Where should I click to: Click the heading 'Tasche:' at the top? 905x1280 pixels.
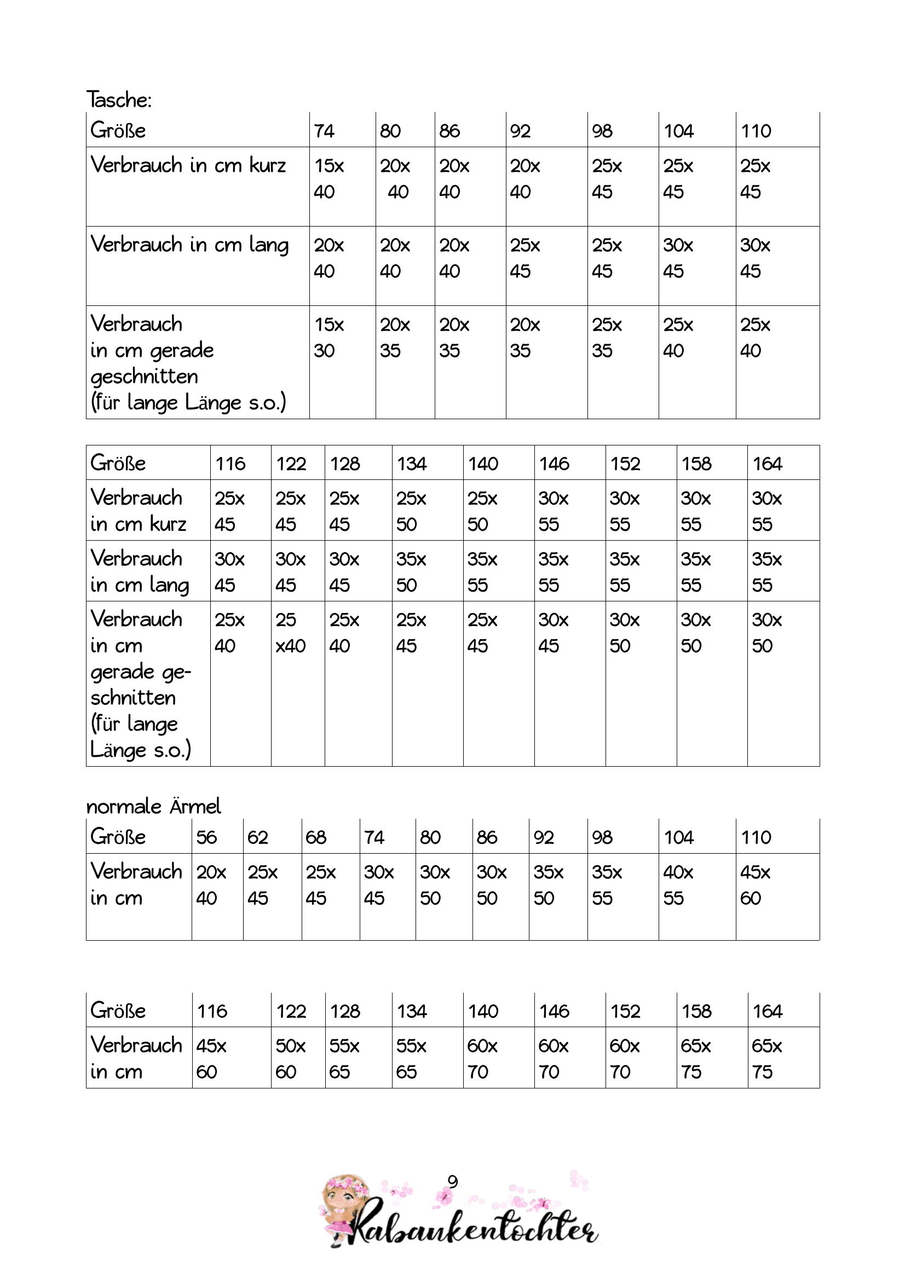[x=119, y=100]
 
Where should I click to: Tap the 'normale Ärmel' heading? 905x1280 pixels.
[x=153, y=806]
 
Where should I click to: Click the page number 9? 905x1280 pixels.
[x=452, y=1181]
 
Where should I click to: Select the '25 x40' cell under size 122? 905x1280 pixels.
[x=291, y=633]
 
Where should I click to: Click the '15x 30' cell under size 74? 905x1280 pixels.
[x=329, y=337]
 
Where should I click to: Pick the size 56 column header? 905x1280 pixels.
[x=206, y=837]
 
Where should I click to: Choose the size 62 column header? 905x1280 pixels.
[x=258, y=837]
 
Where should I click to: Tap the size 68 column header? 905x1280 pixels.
[x=315, y=837]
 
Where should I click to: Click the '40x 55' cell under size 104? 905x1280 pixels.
[x=678, y=885]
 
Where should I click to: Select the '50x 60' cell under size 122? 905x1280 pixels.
[x=291, y=1058]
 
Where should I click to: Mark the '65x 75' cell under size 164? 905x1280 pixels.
[x=766, y=1058]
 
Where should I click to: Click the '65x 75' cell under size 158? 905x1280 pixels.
[x=695, y=1058]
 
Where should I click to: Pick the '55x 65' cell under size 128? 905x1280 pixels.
[x=344, y=1058]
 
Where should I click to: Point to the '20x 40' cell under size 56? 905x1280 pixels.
[x=211, y=885]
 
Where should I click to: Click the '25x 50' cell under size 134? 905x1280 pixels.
[x=411, y=511]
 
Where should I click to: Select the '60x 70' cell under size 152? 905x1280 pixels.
[x=625, y=1058]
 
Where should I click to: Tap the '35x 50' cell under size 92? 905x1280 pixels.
[x=548, y=885]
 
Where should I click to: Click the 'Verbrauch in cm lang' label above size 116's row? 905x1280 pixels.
[x=140, y=571]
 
